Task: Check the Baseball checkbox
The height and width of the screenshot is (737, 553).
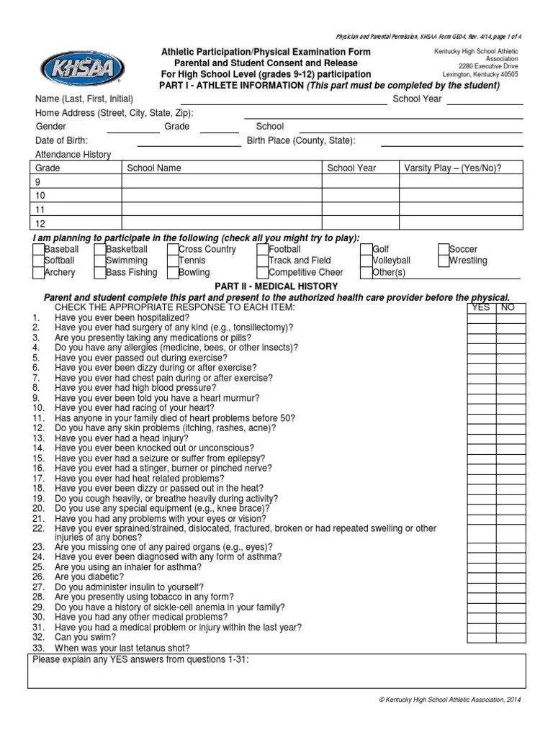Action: point(38,250)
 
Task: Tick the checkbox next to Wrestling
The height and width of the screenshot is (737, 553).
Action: point(443,261)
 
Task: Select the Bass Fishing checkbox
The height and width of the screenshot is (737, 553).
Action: point(101,273)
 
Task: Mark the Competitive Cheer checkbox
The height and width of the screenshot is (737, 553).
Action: point(263,273)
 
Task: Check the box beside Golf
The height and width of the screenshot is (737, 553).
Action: point(367,250)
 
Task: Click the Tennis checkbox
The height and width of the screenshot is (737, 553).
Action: point(173,261)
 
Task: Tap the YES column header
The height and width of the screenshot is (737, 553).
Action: point(481,307)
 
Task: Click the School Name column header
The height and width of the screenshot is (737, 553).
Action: point(154,168)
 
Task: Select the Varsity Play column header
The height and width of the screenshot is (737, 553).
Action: point(452,168)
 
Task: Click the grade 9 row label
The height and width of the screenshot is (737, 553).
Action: point(40,182)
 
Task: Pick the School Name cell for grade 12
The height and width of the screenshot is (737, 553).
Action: point(221,224)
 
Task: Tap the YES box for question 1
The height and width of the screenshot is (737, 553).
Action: point(481,317)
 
